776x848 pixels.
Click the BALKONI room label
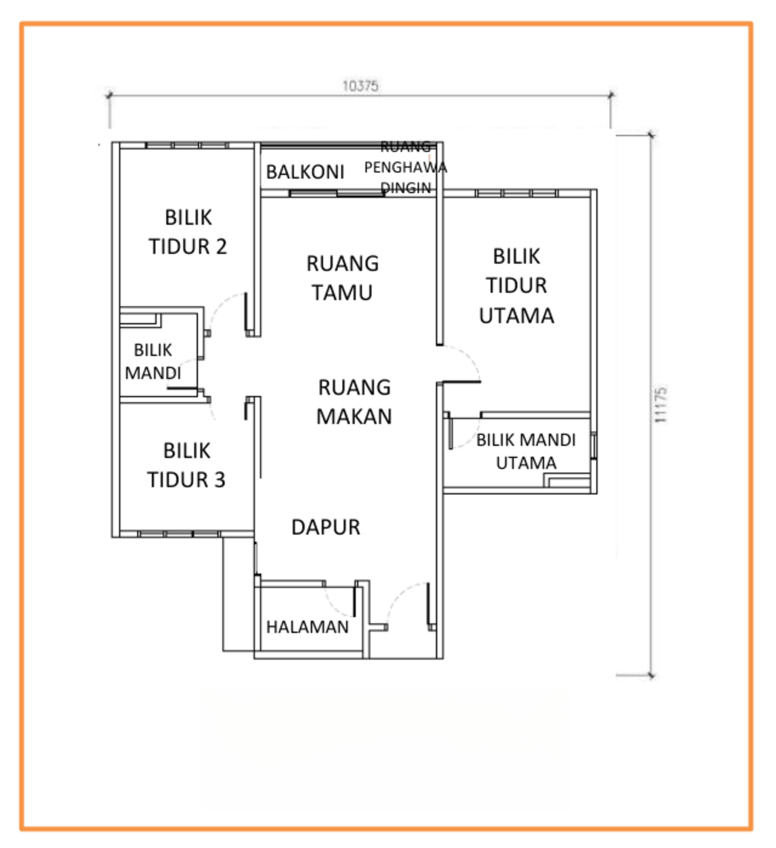[x=305, y=172]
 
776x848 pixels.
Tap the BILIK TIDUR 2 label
[x=188, y=232]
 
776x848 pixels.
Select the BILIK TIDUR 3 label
[x=187, y=465]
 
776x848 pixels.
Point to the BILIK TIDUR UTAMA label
[x=517, y=285]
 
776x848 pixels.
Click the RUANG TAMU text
[x=343, y=278]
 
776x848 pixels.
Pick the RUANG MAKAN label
[x=354, y=401]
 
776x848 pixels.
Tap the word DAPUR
[x=326, y=527]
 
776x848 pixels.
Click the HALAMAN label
[x=307, y=627]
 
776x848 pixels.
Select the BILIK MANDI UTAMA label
[x=526, y=451]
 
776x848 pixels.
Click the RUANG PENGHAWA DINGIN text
[x=405, y=167]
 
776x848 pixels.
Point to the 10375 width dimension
[x=361, y=86]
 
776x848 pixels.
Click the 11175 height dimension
[x=660, y=405]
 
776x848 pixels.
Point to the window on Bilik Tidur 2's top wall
[x=187, y=145]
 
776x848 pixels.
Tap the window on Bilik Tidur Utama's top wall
[x=517, y=193]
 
